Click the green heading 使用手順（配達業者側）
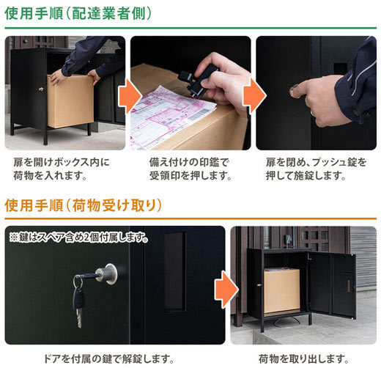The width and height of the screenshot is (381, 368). point(78,13)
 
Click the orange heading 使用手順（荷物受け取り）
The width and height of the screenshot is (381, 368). point(84,205)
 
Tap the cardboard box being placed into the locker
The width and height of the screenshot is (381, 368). point(70,101)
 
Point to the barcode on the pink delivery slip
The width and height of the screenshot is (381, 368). point(199,114)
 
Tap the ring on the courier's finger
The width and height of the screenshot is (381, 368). point(313,113)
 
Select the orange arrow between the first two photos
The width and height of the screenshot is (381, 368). point(130,96)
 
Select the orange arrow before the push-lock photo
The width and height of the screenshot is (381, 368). point(254,96)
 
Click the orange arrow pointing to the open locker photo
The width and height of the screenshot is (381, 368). point(226,290)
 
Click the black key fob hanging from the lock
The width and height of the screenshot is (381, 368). point(78,299)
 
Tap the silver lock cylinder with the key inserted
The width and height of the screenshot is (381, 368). point(107,273)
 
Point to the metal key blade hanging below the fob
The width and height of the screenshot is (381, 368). point(79,317)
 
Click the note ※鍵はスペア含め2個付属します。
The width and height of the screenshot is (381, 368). point(78,238)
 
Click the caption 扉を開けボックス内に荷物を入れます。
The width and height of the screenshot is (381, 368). point(62,169)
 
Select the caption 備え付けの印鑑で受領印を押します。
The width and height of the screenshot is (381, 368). point(190,169)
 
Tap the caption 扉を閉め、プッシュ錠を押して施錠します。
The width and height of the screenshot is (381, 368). point(316,169)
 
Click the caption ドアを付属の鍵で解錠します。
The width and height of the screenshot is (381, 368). point(109,358)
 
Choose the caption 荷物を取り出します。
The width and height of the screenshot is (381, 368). point(303,358)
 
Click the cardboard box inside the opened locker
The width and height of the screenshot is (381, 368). point(281,290)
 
